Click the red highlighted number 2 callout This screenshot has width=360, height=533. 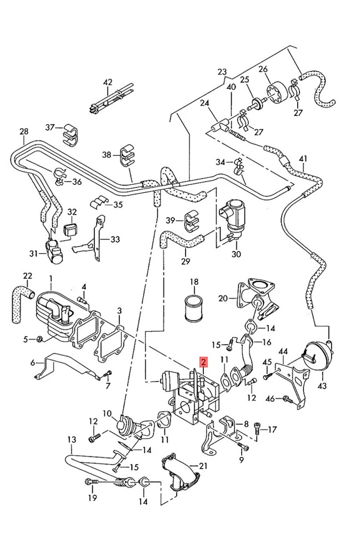(204, 363)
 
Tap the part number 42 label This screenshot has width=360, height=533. (107, 82)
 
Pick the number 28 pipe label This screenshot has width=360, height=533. (23, 132)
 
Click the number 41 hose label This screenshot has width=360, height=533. (302, 159)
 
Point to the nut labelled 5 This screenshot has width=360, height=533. (41, 339)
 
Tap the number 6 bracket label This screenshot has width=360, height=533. (32, 363)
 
